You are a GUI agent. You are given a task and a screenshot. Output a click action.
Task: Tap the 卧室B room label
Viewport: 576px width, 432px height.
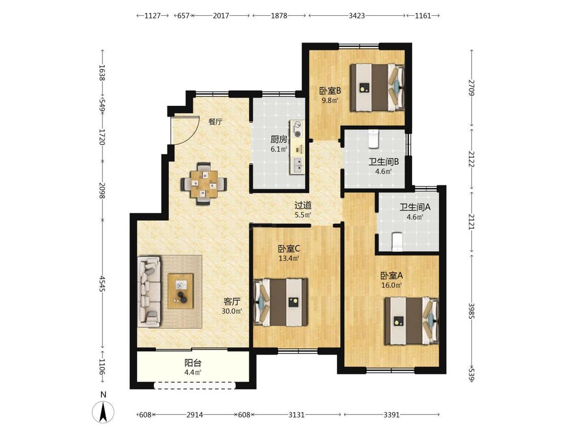pos(330,90)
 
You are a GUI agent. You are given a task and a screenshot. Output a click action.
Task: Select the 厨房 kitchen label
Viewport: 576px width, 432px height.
pos(279,139)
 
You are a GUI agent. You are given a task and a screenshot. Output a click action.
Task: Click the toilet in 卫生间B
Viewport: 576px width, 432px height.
pos(374,139)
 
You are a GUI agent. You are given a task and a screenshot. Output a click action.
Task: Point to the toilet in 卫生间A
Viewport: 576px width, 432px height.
pos(397,242)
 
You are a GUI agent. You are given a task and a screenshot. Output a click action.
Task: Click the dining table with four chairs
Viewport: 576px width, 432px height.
pos(203,183)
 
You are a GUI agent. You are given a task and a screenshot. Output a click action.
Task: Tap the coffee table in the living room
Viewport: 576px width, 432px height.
pos(180,291)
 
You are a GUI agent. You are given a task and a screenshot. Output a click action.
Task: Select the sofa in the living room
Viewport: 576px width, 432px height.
pos(149,292)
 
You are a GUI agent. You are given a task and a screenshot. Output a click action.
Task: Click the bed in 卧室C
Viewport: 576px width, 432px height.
pos(281,302)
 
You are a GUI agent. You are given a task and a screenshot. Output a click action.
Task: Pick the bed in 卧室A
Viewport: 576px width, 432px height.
pos(412,321)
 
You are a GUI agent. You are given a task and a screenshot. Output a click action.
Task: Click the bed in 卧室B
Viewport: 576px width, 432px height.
pos(377,88)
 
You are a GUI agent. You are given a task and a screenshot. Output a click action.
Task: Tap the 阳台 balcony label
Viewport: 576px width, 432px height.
pos(193,363)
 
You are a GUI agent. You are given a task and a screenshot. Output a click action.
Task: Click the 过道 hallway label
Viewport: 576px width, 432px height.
pos(303,205)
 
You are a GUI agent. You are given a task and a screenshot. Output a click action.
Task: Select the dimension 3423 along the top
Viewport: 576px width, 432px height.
pos(357,15)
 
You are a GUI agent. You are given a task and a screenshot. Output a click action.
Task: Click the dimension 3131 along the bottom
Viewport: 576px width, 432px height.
pos(296,415)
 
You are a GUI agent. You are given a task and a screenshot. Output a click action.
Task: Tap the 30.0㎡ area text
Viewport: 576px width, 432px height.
pos(232,311)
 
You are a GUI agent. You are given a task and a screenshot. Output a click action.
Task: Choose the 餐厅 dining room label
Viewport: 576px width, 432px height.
pos(215,122)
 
